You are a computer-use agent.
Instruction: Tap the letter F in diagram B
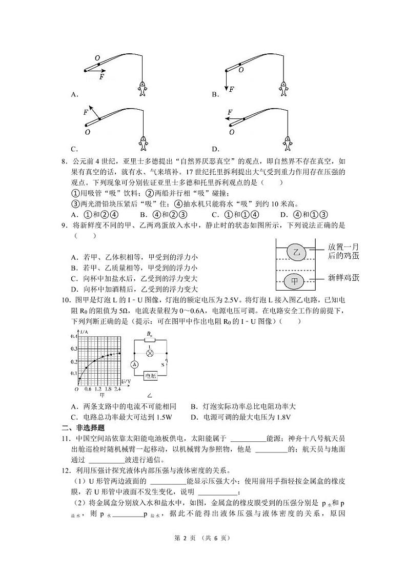tap(231, 89)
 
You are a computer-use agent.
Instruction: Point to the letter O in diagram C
tap(88, 132)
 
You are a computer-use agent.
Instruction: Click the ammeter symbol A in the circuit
tap(134, 364)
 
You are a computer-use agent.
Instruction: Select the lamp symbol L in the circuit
tap(150, 353)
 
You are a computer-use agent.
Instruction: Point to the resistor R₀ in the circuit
tap(150, 340)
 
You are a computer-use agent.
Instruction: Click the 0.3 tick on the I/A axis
tap(72, 348)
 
